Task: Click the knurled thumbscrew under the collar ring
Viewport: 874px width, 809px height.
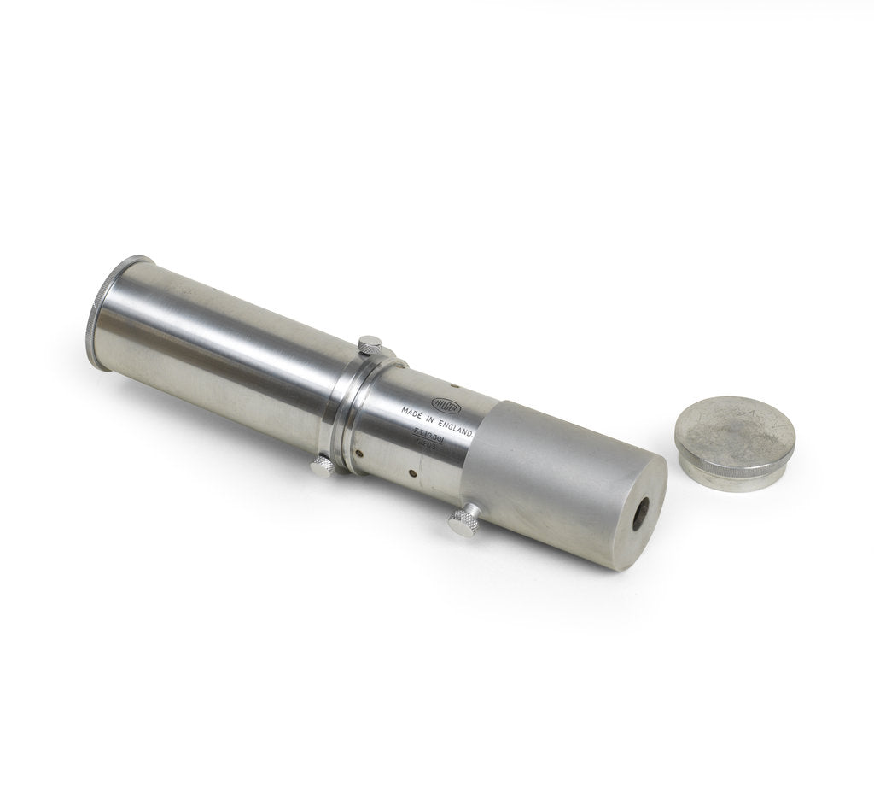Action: tap(322, 466)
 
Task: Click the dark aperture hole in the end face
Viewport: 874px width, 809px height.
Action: tap(638, 513)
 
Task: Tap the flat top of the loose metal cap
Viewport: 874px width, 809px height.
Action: tap(735, 433)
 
